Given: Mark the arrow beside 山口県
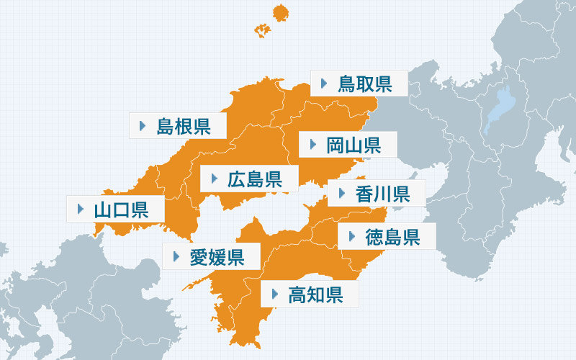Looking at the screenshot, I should [x=79, y=210].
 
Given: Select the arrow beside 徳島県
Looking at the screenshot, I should [x=351, y=235].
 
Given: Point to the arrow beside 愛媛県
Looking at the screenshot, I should [x=176, y=255].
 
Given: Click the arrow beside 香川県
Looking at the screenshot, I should [x=341, y=192].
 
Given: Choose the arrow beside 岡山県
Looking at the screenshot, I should [x=312, y=145].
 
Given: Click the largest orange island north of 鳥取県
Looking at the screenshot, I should [x=280, y=14].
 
